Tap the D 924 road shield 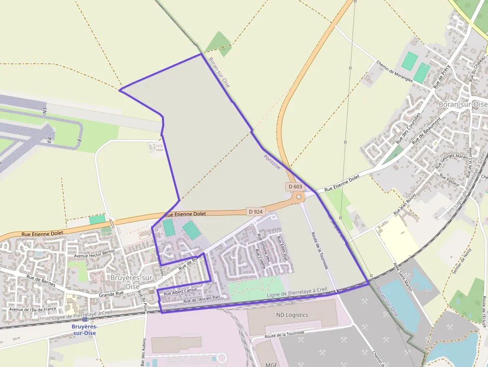255,212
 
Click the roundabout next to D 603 299,197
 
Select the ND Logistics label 292,315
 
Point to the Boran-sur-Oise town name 463,104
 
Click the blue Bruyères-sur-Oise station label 84,330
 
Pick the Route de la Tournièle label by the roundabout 319,250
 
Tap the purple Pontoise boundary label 272,162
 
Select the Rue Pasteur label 449,179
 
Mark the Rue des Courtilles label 408,128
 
